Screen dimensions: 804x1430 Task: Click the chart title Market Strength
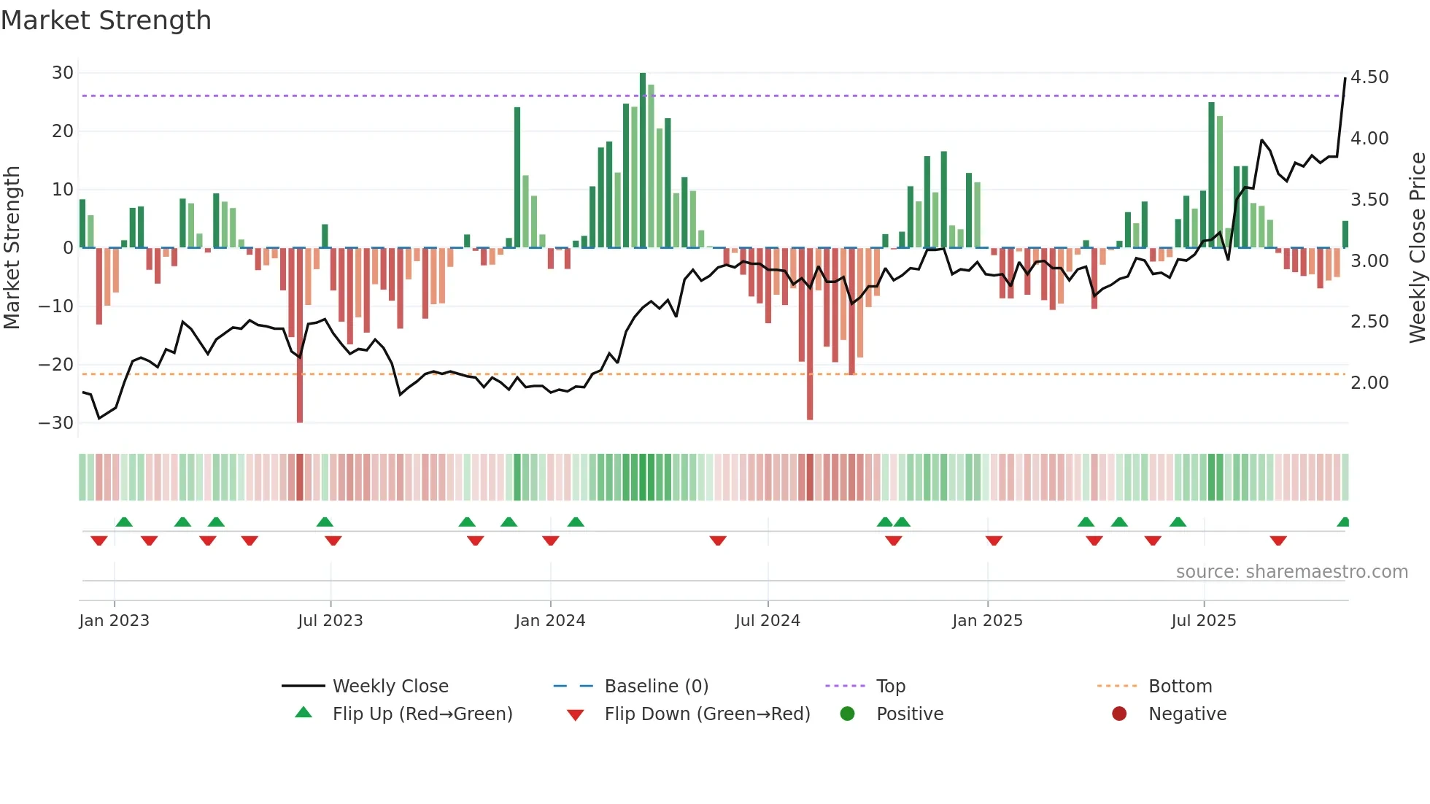click(106, 20)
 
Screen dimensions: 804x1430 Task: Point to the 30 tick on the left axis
click(63, 73)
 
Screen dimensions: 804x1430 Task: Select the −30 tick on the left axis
click(56, 423)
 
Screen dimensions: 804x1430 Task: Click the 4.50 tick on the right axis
click(1369, 77)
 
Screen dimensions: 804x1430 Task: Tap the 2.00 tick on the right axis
click(1369, 383)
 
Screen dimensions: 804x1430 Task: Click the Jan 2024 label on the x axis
click(550, 621)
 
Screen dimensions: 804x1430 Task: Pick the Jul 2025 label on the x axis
click(1204, 621)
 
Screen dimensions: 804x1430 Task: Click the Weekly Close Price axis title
click(1417, 247)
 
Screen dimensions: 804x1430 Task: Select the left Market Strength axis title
click(12, 247)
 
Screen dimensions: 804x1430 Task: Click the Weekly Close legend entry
click(390, 687)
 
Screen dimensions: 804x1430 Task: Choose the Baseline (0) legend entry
click(656, 687)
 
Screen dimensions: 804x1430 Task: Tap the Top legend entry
click(890, 687)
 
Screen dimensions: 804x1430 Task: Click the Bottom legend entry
click(1180, 687)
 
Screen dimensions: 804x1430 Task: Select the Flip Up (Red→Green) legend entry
click(422, 714)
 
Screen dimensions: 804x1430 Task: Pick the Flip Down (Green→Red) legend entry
click(707, 714)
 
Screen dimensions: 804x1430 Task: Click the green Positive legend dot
click(847, 714)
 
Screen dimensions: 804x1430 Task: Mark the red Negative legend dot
click(1119, 714)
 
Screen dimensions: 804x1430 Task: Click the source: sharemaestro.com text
click(1291, 572)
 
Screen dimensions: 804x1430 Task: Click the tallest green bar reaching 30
click(643, 161)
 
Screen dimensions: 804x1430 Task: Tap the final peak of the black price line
click(1345, 79)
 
